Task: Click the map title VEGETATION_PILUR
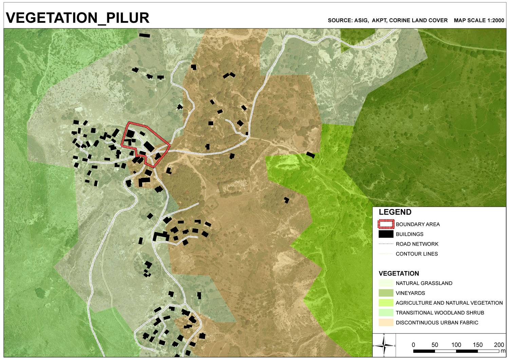[x=78, y=18]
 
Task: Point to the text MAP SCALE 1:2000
[x=479, y=20]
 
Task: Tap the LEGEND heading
[x=395, y=212]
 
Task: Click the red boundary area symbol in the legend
[x=386, y=224]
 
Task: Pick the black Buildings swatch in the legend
[x=386, y=234]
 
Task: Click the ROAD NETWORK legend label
[x=417, y=244]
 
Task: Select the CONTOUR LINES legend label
[x=416, y=254]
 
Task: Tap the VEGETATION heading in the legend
[x=399, y=273]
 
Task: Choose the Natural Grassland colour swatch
[x=386, y=283]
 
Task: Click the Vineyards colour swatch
[x=386, y=293]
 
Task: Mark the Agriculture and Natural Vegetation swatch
[x=386, y=303]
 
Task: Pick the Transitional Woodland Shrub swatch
[x=386, y=313]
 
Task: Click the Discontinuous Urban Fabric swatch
[x=386, y=323]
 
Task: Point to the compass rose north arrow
[x=384, y=345]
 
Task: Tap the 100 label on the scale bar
[x=456, y=345]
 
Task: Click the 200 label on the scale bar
[x=499, y=345]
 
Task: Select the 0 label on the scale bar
[x=413, y=345]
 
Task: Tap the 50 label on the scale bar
[x=435, y=345]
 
